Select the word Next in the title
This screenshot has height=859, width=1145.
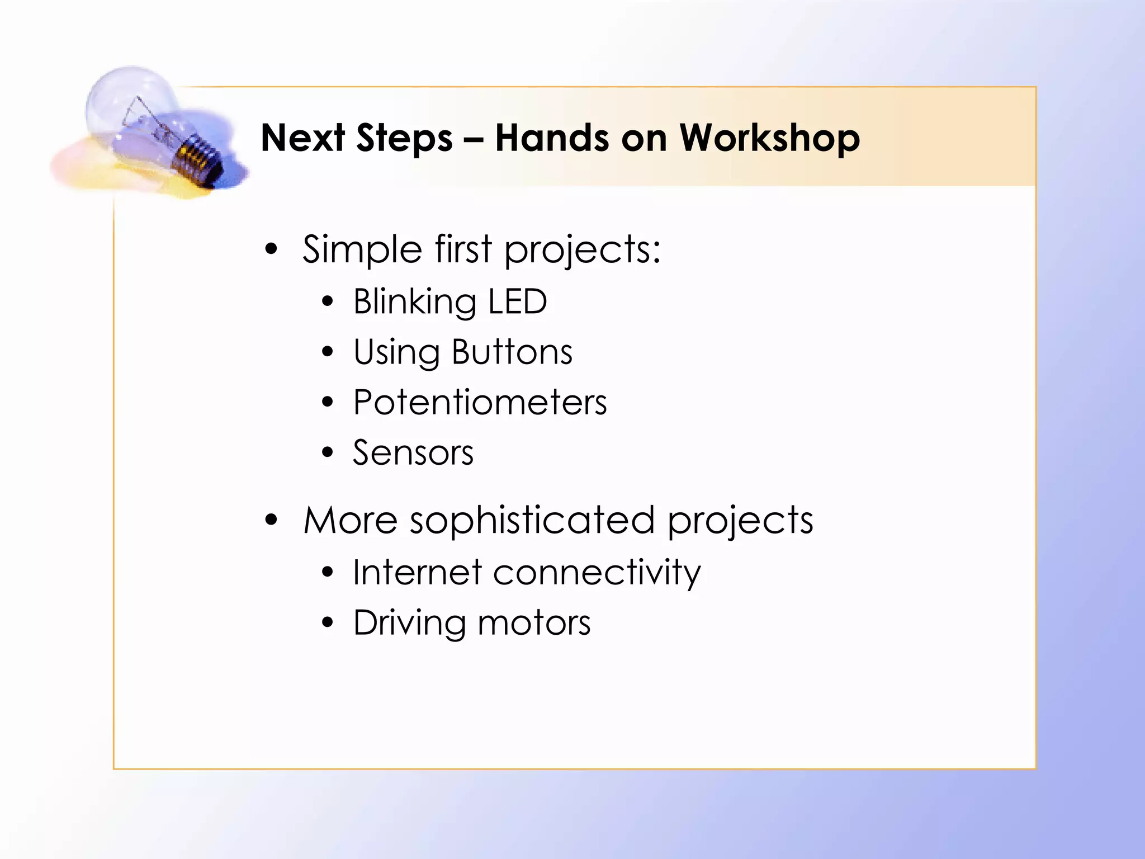[302, 138]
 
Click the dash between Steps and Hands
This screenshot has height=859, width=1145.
[474, 140]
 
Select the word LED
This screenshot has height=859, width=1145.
[517, 301]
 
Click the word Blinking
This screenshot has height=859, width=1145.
[415, 303]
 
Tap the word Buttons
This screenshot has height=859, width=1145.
[512, 352]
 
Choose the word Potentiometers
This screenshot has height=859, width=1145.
[480, 402]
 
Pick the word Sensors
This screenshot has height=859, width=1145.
[413, 452]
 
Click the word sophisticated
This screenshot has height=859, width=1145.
[532, 521]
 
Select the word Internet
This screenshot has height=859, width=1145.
[417, 572]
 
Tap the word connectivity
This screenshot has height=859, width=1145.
[597, 573]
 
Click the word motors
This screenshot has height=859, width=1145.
[534, 622]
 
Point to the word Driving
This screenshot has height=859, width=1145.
[409, 624]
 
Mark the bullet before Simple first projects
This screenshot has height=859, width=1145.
[271, 249]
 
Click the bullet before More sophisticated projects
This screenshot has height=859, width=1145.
[271, 520]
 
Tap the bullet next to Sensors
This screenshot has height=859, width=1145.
[328, 452]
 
